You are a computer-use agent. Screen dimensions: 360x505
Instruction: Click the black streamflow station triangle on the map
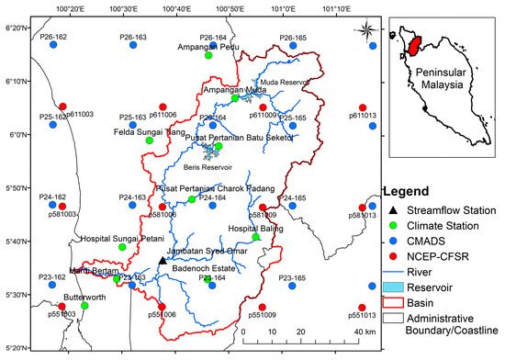[163, 261]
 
